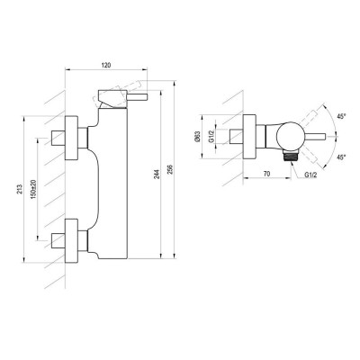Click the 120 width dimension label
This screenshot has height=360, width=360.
coord(107,65)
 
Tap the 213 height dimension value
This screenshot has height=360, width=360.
coord(20,190)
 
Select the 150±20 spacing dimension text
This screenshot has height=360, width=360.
coord(33,190)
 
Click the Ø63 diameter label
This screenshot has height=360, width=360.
coord(197,136)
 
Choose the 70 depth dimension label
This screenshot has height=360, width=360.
coord(266,174)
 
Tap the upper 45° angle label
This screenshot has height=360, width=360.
coord(342,117)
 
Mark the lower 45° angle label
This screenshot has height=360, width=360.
coord(342,157)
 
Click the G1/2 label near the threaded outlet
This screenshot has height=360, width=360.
coord(310,175)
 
